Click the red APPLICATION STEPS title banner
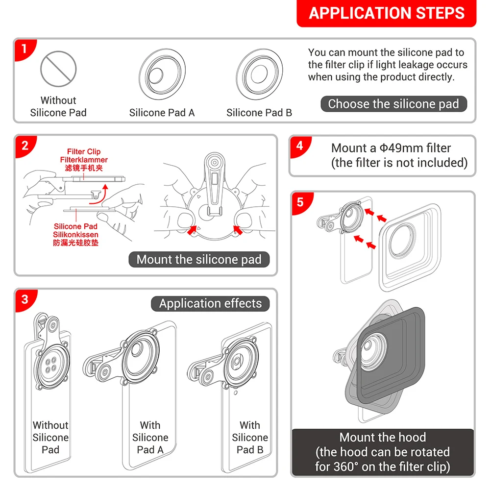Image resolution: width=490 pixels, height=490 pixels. pyautogui.click(x=386, y=13)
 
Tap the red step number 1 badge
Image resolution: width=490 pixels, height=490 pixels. pyautogui.click(x=22, y=49)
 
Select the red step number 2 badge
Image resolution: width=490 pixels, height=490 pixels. pyautogui.click(x=24, y=145)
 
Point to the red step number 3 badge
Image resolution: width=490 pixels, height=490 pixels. pyautogui.click(x=24, y=298)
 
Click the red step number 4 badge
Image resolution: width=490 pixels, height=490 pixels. pyautogui.click(x=299, y=146)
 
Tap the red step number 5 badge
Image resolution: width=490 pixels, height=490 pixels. pyautogui.click(x=300, y=201)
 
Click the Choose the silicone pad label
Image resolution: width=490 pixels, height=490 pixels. pyautogui.click(x=393, y=104)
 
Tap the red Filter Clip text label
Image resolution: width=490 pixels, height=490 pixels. pyautogui.click(x=84, y=152)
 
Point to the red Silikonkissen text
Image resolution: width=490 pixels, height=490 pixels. pyautogui.click(x=76, y=235)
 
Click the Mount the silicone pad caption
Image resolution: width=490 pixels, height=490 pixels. pyautogui.click(x=199, y=260)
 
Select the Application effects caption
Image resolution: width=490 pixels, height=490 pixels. pyautogui.click(x=210, y=303)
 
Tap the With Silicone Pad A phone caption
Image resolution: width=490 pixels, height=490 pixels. pyautogui.click(x=150, y=437)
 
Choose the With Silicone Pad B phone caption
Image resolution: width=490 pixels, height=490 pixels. pyautogui.click(x=249, y=437)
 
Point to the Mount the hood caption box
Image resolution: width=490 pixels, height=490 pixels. pyautogui.click(x=383, y=452)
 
